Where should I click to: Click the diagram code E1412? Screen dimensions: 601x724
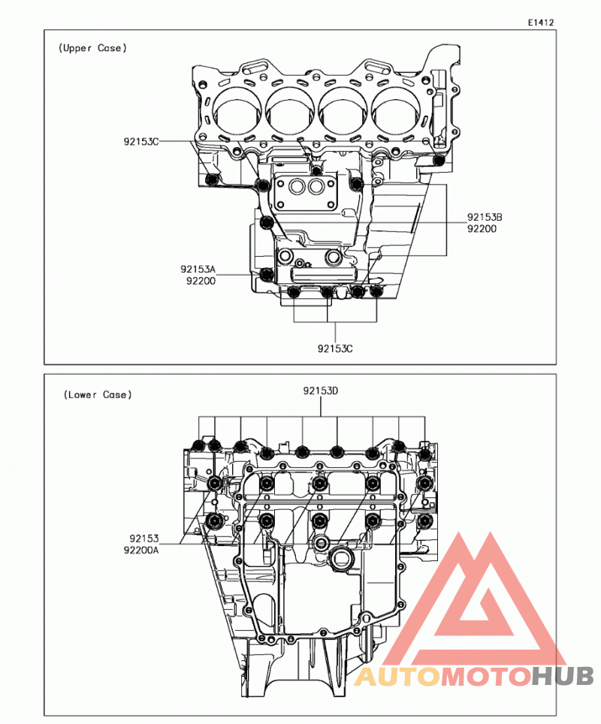tap(541, 23)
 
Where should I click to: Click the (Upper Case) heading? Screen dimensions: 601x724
tap(92, 48)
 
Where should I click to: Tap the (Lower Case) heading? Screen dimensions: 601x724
tap(98, 395)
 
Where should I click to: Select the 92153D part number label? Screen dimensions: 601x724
tap(321, 391)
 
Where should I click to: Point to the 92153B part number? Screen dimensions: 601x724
tap(485, 217)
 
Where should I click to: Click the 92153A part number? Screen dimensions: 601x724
tap(198, 269)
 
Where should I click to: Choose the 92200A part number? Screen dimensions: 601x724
tap(141, 550)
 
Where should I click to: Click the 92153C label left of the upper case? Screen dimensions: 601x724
tap(141, 141)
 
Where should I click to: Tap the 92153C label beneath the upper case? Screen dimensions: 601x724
tap(335, 348)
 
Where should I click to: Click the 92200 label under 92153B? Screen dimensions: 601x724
tap(482, 228)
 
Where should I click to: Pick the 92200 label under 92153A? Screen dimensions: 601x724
tap(201, 281)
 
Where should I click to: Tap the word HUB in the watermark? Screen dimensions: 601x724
tap(562, 677)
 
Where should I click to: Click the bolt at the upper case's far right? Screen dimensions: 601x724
tap(439, 161)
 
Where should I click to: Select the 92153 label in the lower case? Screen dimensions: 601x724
tap(144, 538)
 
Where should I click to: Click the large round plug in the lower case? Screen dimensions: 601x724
tap(342, 558)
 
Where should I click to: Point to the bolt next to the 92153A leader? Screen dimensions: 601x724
tap(267, 275)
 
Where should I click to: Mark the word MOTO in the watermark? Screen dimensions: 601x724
tap(486, 677)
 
